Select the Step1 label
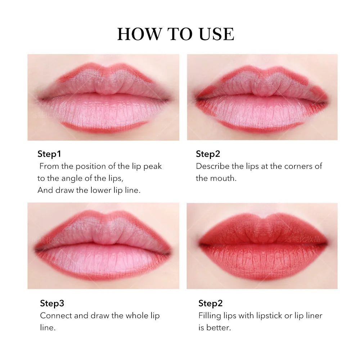[x=49, y=154]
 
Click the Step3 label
[x=52, y=303]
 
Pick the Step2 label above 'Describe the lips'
[x=208, y=154]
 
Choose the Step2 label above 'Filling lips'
[x=210, y=303]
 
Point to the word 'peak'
[x=153, y=166]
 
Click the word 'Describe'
[x=213, y=166]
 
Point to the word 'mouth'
[x=225, y=178]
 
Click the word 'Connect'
[x=56, y=316]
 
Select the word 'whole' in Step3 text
[x=138, y=316]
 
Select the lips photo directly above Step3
[x=103, y=246]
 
